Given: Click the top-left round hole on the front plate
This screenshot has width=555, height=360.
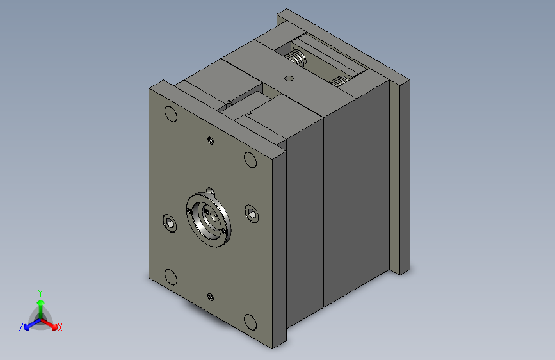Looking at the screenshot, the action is tap(171, 114).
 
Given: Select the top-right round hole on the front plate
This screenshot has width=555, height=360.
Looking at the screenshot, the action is tap(250, 160).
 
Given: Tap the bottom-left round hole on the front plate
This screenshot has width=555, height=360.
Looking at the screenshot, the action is tap(171, 277).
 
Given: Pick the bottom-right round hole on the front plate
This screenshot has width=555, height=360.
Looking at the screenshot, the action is tap(250, 322).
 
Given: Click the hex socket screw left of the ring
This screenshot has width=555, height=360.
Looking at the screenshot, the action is tap(170, 223).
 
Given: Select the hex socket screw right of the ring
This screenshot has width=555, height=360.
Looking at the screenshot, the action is tap(252, 214).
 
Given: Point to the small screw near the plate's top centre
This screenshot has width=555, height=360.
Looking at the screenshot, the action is tap(210, 141).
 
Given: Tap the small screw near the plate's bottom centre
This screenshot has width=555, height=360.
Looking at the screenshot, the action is tap(210, 297).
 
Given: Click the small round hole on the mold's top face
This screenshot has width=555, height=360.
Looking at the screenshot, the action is tap(289, 78).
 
